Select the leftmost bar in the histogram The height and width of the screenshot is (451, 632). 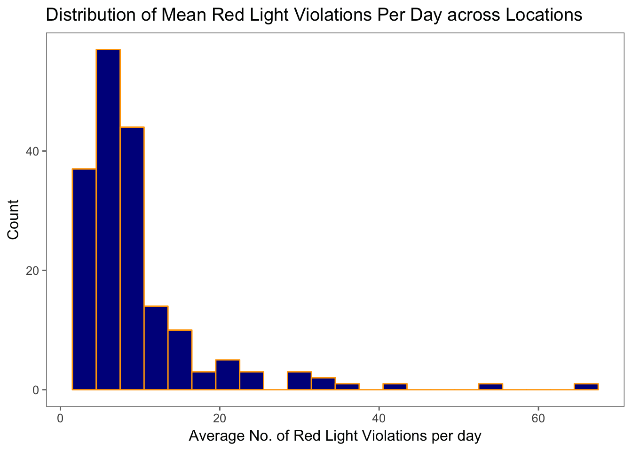(84, 279)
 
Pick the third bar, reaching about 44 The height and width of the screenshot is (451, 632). (132, 258)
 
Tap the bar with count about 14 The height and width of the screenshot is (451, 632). (156, 348)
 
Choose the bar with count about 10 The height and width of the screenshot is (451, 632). (180, 360)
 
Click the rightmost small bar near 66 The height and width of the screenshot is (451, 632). (586, 387)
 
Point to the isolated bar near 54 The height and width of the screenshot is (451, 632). (490, 387)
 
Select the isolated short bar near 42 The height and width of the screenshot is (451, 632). (395, 387)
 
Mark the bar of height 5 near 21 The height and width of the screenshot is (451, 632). (228, 375)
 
